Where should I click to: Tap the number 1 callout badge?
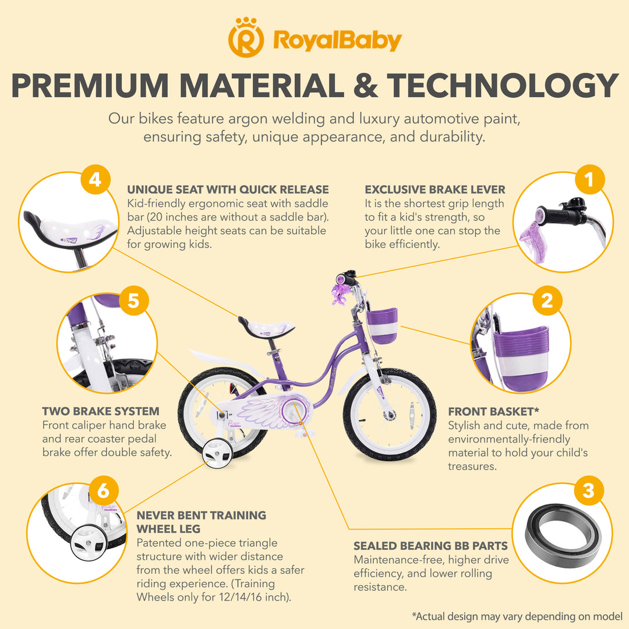click(590, 180)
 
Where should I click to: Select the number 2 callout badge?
click(547, 301)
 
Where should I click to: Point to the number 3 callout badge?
click(589, 491)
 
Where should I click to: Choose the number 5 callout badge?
click(133, 301)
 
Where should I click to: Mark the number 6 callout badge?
click(103, 491)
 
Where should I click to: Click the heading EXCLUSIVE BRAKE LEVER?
click(435, 190)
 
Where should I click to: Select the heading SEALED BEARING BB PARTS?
click(430, 546)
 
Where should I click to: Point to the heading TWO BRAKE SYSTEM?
click(101, 412)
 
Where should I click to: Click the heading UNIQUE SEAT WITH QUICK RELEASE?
click(228, 190)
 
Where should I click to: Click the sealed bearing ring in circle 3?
click(563, 531)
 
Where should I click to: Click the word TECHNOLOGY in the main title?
click(503, 86)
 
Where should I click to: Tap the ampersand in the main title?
click(365, 86)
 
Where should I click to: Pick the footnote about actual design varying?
click(517, 616)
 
